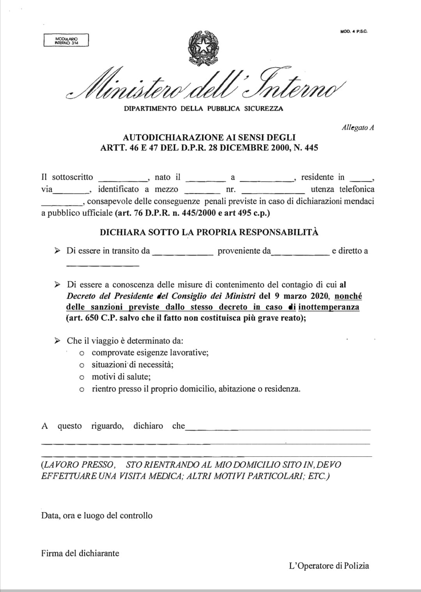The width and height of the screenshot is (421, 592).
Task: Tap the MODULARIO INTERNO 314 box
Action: pos(66,40)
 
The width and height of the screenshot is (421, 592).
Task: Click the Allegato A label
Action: pos(358,128)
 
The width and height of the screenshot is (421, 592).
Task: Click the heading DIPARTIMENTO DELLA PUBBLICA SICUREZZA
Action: pos(203,108)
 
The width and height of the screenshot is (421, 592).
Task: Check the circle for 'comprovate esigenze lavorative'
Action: pos(81,353)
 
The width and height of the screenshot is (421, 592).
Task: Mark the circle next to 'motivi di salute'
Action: pos(81,378)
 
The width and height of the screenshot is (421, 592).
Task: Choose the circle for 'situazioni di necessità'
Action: pos(81,365)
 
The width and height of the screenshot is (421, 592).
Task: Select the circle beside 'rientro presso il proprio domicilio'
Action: pos(81,390)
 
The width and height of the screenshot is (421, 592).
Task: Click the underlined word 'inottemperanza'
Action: pos(329,307)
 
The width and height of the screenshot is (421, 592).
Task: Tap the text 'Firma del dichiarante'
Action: pos(80,553)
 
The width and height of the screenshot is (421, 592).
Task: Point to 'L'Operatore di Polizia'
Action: pos(329,565)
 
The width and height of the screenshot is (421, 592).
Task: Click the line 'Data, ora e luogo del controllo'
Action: pos(97,516)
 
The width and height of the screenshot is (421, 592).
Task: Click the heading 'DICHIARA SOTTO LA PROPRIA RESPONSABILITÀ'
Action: pos(209,232)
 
